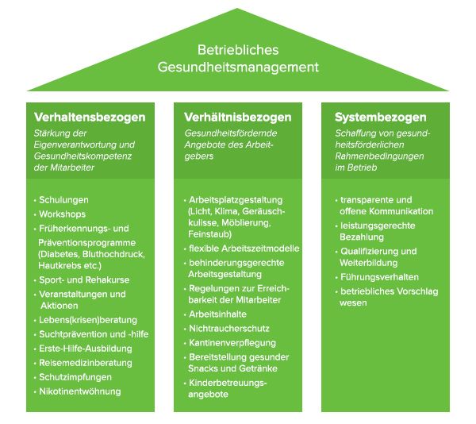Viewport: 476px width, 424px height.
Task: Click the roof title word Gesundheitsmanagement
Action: coord(238,67)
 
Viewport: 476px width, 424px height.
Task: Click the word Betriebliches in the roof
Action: coord(238,50)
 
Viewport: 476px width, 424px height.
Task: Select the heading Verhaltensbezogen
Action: coord(90,118)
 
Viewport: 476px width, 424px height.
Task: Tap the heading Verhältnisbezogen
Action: coord(238,118)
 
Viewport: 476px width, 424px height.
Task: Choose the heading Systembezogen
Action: coord(380,118)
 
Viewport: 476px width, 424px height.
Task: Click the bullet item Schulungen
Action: coord(63,200)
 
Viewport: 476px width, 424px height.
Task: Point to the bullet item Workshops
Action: coord(62,214)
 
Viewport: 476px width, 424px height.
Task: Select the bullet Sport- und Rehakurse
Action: coord(84,279)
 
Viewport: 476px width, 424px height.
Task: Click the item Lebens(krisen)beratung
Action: coord(88,320)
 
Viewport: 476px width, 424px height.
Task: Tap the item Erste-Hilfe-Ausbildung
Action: coord(86,349)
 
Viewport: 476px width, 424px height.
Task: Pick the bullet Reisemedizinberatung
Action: coord(86,363)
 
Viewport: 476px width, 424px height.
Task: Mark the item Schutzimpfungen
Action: coord(75,377)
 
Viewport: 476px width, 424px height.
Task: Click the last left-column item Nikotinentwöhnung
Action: coord(80,391)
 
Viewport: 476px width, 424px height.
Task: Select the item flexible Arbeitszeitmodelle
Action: coord(244,249)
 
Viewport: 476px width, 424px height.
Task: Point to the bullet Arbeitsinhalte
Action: coord(217,314)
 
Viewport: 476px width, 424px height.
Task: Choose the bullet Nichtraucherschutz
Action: coord(229,329)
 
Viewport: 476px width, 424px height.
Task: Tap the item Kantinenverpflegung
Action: coord(232,343)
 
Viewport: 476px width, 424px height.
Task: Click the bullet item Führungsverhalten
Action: coord(379,277)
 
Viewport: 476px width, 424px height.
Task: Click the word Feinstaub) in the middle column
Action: coord(209,234)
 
